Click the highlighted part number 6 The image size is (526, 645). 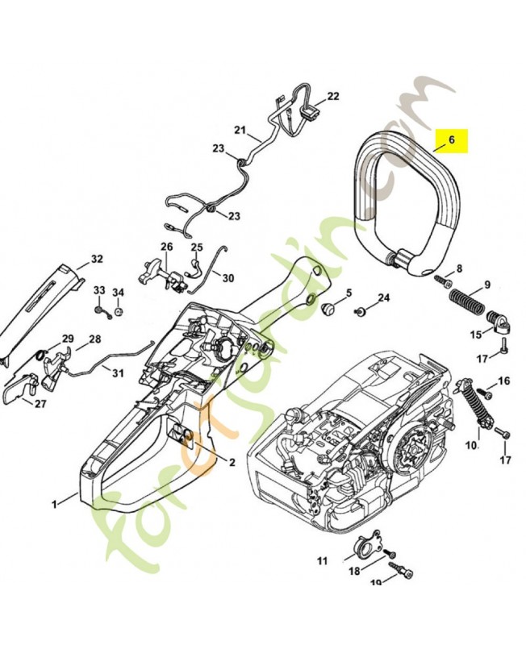tap(452, 139)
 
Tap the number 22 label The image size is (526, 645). tap(333, 96)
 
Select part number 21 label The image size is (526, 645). tap(240, 130)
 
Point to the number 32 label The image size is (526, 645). tap(97, 259)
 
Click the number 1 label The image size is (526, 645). tap(55, 505)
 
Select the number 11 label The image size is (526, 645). tap(322, 560)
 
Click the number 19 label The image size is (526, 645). tap(376, 583)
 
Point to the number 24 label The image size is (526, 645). tap(384, 298)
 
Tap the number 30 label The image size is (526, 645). tap(228, 278)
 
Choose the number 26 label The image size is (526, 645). tap(166, 246)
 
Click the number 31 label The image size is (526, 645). tap(118, 372)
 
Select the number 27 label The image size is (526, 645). tap(40, 404)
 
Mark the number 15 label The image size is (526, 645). tap(476, 334)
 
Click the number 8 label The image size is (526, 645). tap(459, 269)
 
